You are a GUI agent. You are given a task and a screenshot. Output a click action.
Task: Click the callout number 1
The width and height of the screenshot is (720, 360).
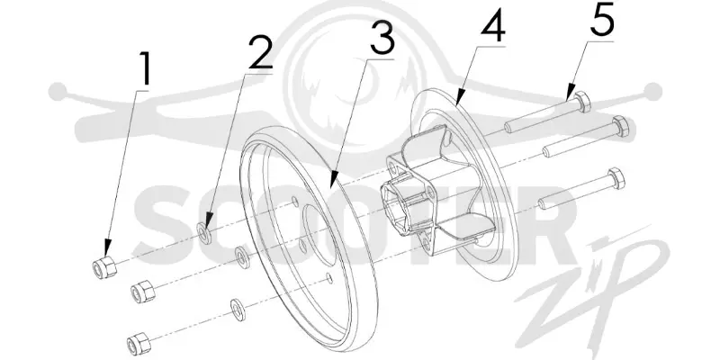pyautogui.click(x=145, y=69)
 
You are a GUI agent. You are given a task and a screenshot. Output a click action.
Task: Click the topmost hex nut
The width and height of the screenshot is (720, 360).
pyautogui.click(x=104, y=267)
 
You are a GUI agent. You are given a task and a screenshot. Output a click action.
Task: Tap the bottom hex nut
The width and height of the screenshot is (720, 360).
pyautogui.click(x=139, y=343)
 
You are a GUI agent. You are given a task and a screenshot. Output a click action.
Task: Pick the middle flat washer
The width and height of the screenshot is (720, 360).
pyautogui.click(x=242, y=256)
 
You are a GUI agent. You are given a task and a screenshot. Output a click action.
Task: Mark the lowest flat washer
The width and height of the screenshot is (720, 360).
pyautogui.click(x=238, y=310)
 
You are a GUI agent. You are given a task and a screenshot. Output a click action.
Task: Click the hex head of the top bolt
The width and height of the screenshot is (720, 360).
pyautogui.click(x=582, y=102)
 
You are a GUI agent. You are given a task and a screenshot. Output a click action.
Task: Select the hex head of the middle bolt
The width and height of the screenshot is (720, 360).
pyautogui.click(x=620, y=126)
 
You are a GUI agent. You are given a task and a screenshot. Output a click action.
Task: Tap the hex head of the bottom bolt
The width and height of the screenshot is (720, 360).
pyautogui.click(x=616, y=178)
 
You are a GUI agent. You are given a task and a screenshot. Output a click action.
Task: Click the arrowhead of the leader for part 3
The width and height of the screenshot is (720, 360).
pyautogui.click(x=332, y=181)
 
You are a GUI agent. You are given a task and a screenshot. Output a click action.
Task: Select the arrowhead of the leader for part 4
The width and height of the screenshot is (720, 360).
pyautogui.click(x=459, y=100)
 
